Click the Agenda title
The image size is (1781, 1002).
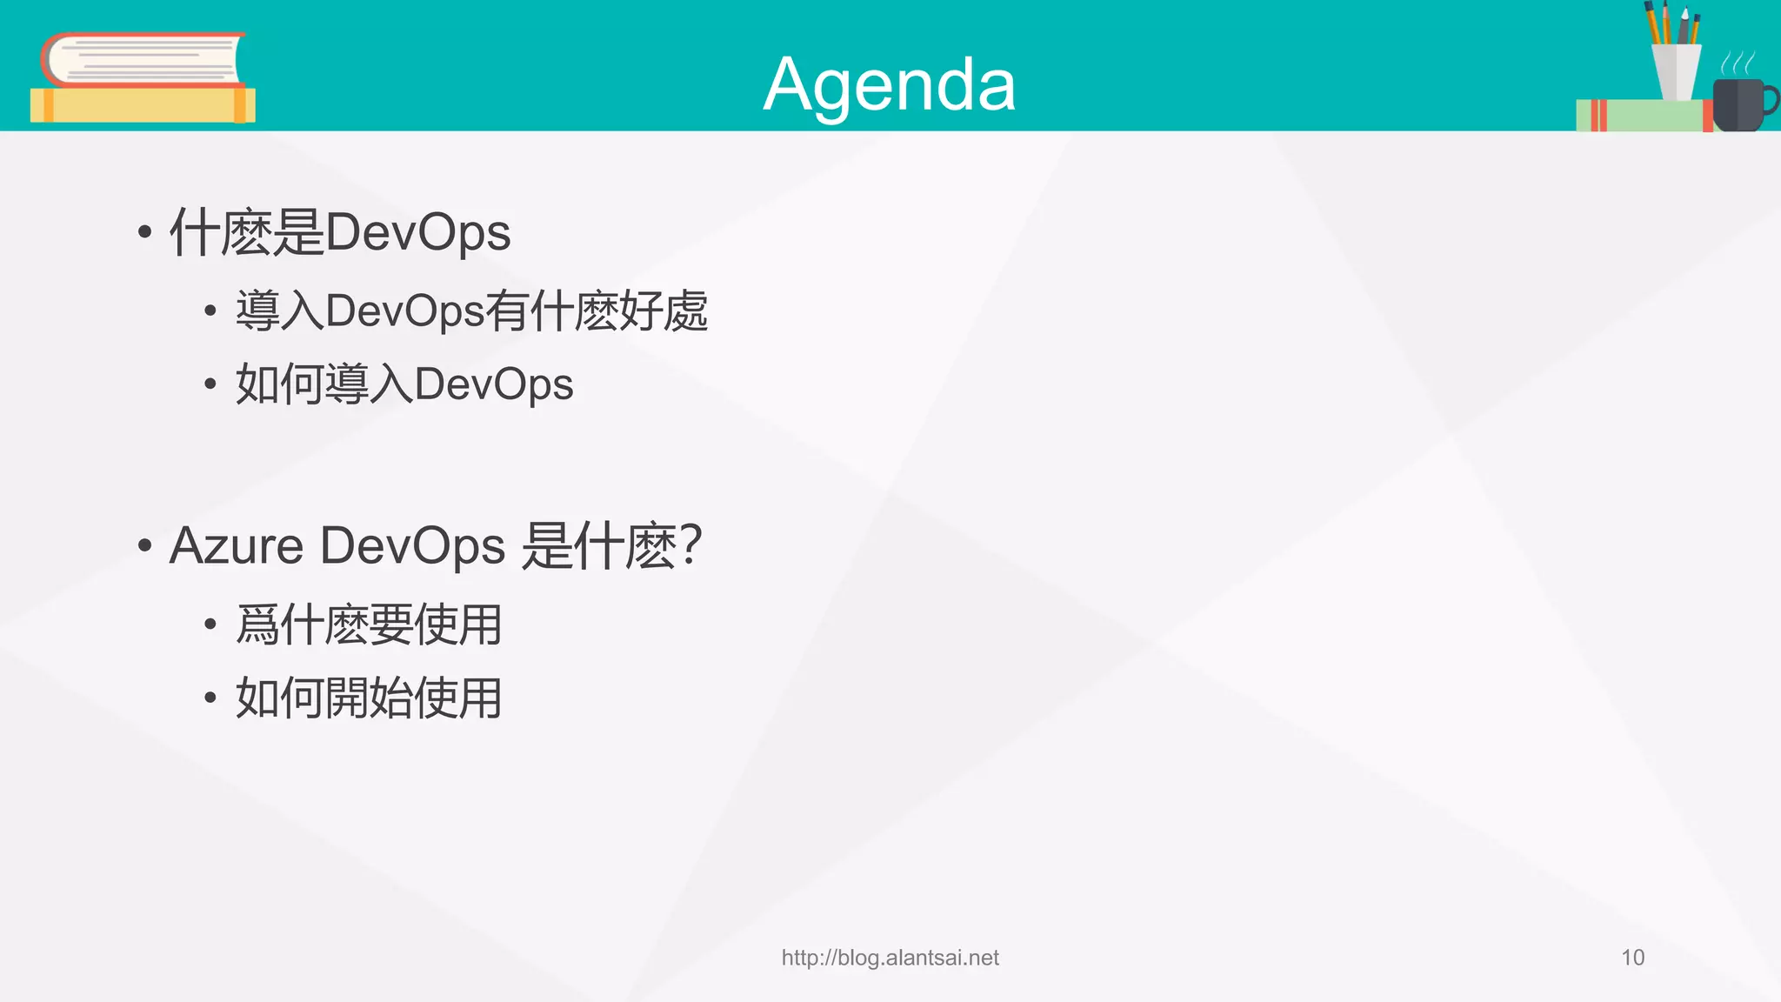coord(889,84)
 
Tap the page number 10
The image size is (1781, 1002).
coord(1632,958)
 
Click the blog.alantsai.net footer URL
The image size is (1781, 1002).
coord(890,958)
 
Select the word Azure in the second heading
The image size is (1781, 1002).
coord(236,546)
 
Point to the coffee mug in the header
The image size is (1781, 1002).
coord(1737,105)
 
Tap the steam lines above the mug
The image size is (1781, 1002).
coord(1738,63)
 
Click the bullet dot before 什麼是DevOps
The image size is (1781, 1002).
coord(145,232)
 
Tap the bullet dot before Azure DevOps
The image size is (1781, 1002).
coord(145,546)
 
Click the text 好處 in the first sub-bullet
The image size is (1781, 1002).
coord(664,311)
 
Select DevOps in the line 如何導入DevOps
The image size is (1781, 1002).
coord(493,384)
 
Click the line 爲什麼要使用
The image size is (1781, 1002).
coord(369,625)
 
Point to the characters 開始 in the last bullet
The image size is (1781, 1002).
coord(369,698)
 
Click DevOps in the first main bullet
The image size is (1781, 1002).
coord(417,232)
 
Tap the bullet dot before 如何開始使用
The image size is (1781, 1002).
coord(210,698)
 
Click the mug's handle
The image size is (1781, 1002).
coord(1770,100)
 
